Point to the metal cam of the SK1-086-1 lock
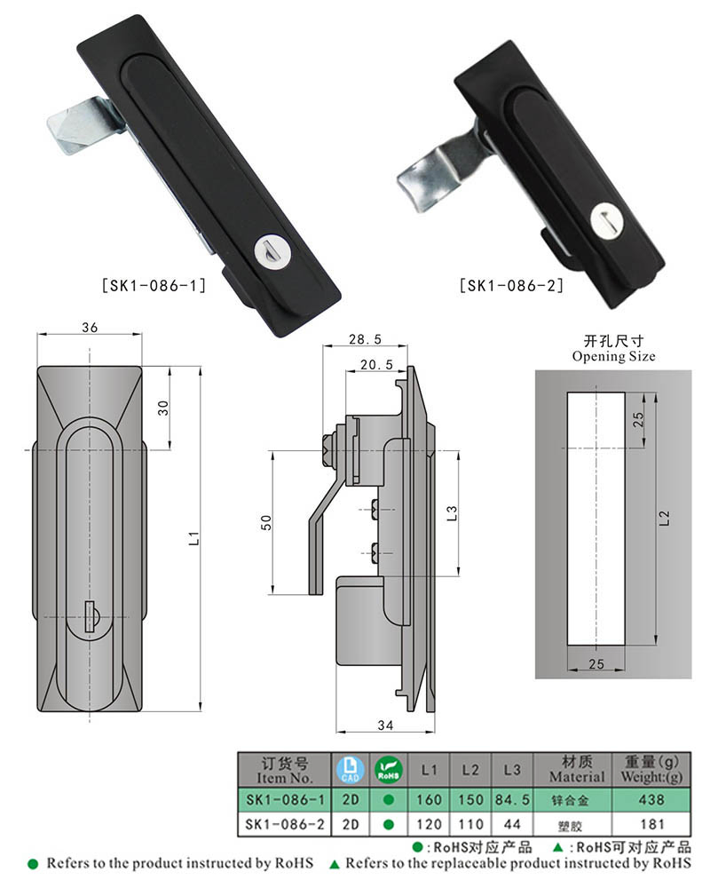[78, 126]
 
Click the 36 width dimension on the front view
[89, 327]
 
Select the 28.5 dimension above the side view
[365, 339]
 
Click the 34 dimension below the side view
[384, 725]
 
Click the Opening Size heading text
[613, 356]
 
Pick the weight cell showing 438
[651, 800]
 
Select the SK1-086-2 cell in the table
[285, 825]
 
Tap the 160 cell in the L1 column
[430, 800]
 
